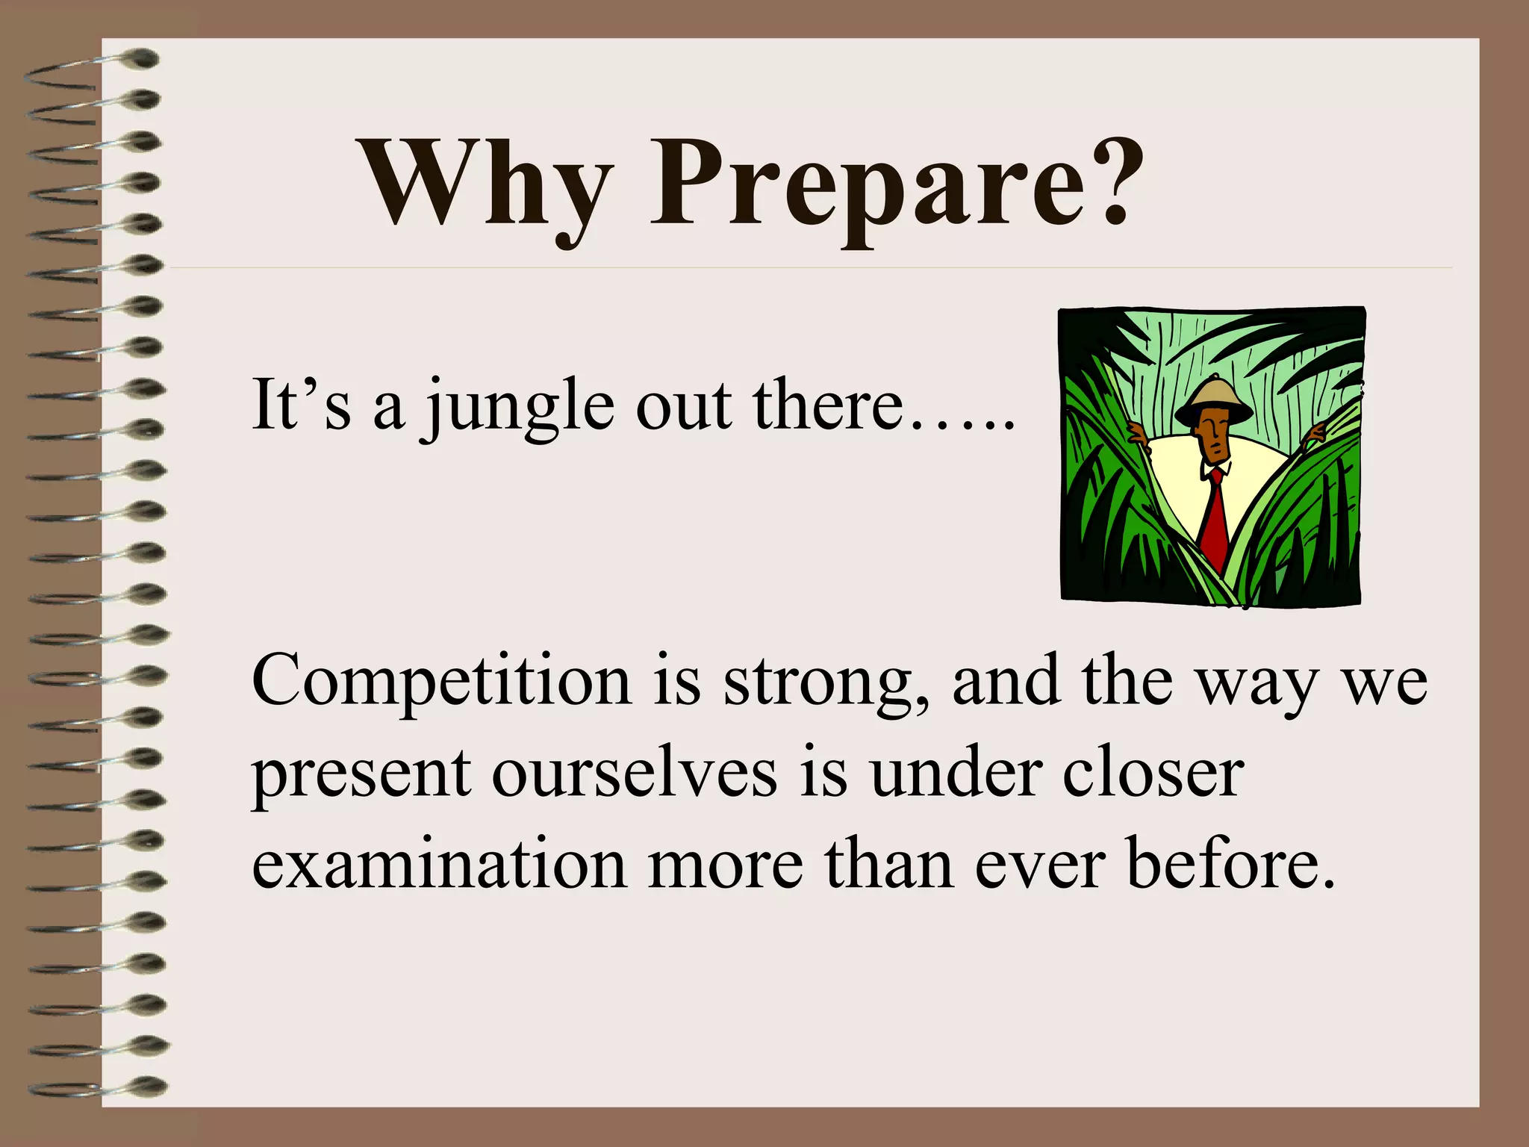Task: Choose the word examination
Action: tap(439, 864)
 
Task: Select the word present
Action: tap(361, 777)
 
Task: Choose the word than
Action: tap(888, 864)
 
